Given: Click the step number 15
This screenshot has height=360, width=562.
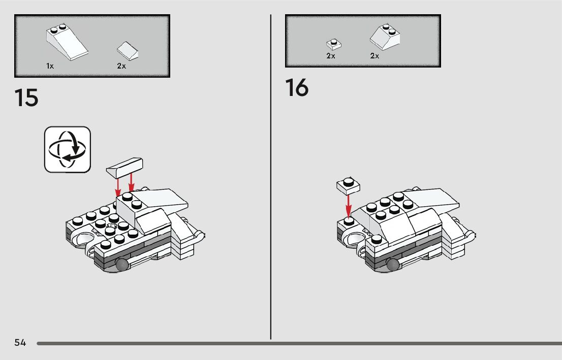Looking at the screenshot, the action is [x=26, y=97].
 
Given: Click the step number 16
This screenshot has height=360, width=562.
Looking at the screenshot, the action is [x=297, y=87].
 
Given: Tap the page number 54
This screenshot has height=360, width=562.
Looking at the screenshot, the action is [x=20, y=343].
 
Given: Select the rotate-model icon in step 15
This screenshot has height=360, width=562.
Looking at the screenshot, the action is [x=68, y=149].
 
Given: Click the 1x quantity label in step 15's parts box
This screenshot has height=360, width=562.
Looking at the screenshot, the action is [x=50, y=66].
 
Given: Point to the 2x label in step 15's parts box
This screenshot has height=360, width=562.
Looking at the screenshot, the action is [x=121, y=66].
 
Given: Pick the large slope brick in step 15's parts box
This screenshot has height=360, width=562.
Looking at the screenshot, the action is [x=67, y=41].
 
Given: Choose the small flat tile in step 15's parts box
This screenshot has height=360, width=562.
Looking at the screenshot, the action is [x=128, y=50].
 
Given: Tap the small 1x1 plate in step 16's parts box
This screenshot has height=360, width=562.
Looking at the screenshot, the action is [x=334, y=44].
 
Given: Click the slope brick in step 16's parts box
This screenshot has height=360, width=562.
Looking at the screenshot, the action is [x=385, y=37].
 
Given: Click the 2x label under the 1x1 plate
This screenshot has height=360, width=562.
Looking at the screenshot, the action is [x=330, y=56].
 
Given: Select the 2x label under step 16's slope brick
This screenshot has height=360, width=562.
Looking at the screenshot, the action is [x=374, y=56].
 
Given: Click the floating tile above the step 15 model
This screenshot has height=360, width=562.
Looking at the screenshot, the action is [x=124, y=168].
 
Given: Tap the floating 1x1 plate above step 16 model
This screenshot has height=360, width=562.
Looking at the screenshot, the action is [x=349, y=186].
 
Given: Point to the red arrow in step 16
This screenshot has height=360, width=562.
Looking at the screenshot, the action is [x=348, y=206].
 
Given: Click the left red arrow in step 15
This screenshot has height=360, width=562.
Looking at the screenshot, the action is [x=117, y=187].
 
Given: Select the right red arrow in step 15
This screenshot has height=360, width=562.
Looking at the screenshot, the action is [x=131, y=182].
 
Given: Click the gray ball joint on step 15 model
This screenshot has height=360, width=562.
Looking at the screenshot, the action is [x=122, y=265].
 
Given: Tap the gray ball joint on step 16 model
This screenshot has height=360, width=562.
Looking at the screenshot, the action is [x=393, y=265].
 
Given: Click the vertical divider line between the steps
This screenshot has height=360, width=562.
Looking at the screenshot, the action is [x=271, y=177].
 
